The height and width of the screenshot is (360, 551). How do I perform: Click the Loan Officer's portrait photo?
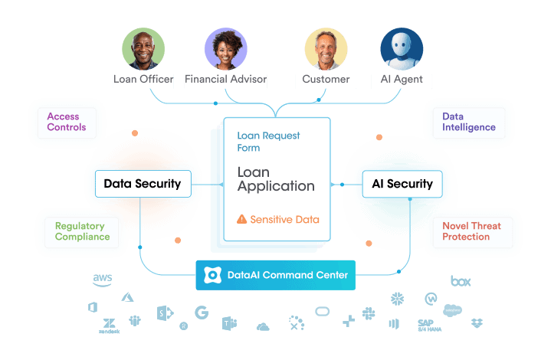coord(143,49)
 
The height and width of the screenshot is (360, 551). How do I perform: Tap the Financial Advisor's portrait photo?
coord(226,49)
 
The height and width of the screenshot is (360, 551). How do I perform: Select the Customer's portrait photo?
coord(326,49)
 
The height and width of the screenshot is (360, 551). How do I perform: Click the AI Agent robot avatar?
coord(402,49)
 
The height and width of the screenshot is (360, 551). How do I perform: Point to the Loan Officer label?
coord(143,79)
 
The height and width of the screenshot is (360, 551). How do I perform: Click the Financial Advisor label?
coord(226,79)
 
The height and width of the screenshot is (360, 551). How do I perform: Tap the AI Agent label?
coord(402,79)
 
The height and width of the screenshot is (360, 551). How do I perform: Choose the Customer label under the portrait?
coord(326,79)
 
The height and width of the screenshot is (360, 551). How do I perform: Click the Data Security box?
coord(142,183)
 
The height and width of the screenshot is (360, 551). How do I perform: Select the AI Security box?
coord(402,183)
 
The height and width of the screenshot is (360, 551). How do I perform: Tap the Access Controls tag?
coord(66,122)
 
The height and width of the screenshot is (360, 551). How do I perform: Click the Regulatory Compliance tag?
coord(82,231)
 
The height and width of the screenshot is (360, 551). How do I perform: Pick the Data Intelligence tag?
coord(468,122)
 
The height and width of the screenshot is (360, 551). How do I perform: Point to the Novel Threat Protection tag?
coord(471,231)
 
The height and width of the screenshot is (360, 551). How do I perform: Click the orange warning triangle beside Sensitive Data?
coord(242,219)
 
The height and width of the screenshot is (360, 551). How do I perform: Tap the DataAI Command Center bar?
coord(275,275)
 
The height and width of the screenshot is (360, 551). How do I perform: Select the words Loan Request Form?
coord(268,142)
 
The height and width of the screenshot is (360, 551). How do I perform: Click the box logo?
coord(460,281)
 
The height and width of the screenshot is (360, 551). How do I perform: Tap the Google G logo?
coord(202,313)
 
